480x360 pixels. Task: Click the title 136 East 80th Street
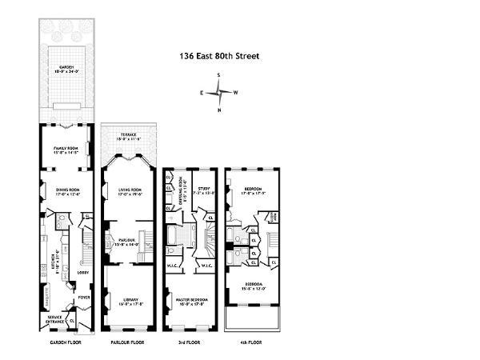coord(219,57)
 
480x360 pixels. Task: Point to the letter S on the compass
coord(218,75)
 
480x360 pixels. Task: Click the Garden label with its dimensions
coord(66,70)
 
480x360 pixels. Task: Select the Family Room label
coord(66,149)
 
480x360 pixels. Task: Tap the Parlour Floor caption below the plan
coord(127,342)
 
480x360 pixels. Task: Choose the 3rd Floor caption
coord(190,342)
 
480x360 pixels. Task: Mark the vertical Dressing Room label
coord(183,190)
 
